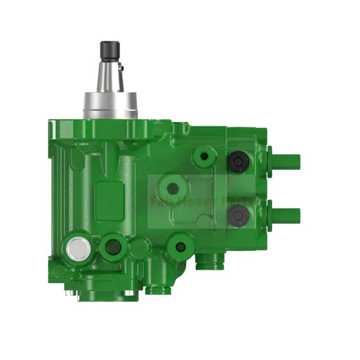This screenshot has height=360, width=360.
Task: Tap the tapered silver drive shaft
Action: (x=110, y=76)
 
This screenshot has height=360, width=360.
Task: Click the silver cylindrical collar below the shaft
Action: (x=110, y=106)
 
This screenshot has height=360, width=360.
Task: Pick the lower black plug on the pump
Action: (x=237, y=214)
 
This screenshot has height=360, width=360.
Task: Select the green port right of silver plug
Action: (x=113, y=246)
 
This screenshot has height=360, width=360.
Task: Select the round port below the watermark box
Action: (x=180, y=246)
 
